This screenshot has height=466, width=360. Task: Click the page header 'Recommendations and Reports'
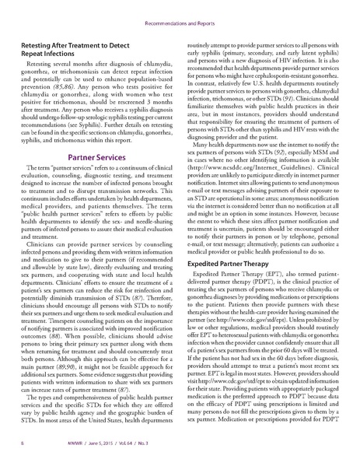180,12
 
